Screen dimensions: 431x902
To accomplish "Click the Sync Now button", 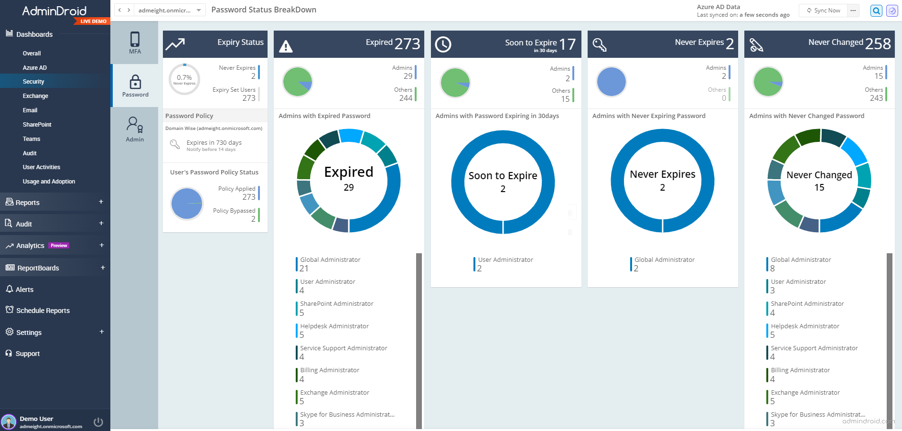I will [824, 11].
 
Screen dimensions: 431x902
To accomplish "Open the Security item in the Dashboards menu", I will [33, 82].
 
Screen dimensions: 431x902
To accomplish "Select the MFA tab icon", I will [135, 43].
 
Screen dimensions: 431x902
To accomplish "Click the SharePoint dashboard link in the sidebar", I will [37, 125].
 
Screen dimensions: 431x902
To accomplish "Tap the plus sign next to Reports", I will [101, 202].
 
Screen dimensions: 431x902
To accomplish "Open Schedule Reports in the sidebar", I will [43, 311].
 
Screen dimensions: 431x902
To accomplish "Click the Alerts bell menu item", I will [24, 290].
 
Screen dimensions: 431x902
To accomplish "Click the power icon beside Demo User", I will [98, 422].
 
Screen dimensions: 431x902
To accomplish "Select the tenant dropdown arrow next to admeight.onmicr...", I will [199, 10].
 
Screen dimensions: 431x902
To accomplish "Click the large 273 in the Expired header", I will [407, 44].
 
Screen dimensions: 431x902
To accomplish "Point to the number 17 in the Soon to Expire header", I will [567, 44].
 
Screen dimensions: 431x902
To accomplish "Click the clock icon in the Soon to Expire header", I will [443, 44].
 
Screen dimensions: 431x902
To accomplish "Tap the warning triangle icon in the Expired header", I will [286, 46].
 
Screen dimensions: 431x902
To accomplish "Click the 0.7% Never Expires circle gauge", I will [184, 79].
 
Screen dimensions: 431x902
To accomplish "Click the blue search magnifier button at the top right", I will [876, 11].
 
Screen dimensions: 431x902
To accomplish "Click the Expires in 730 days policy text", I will [214, 143].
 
